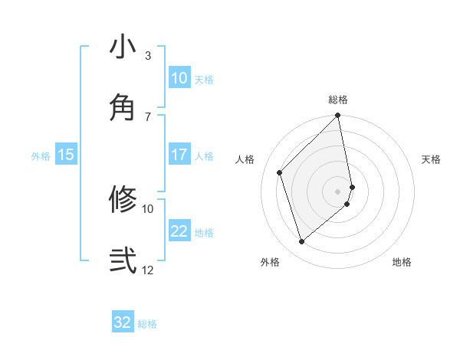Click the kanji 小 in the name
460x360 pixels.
tap(123, 47)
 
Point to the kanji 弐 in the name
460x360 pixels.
tap(123, 260)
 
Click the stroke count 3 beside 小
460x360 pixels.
tap(148, 56)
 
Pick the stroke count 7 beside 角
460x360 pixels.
tap(148, 116)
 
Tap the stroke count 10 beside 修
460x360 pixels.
tap(148, 208)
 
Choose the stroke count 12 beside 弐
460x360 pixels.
tap(148, 270)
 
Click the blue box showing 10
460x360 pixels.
tap(179, 78)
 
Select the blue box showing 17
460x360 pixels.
tap(179, 155)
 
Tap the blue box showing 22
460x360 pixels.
tap(179, 231)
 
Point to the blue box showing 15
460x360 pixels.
tap(66, 155)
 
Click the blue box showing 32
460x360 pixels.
tap(123, 322)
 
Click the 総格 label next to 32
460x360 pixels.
tap(147, 324)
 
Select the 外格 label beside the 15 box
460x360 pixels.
tap(40, 156)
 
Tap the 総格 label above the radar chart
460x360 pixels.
tap(338, 100)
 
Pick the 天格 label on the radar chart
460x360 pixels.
tap(431, 159)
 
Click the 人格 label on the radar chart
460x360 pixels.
tap(245, 159)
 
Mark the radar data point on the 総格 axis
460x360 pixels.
tap(338, 116)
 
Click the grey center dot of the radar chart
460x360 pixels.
tap(338, 191)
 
